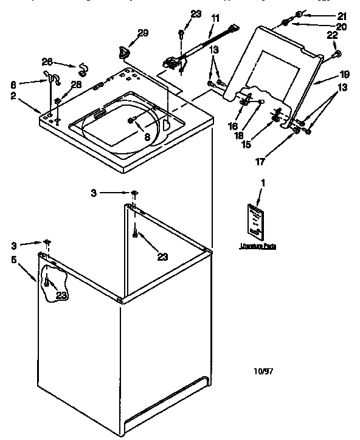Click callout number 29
(x=142, y=34)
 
